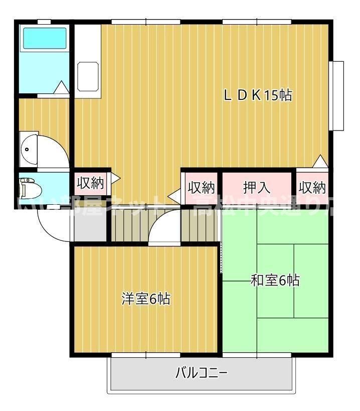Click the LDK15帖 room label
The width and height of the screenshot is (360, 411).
click(x=258, y=95)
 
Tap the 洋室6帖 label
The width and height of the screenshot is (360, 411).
click(x=146, y=299)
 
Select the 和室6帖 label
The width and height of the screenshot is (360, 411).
click(x=275, y=281)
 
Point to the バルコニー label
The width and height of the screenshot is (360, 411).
click(x=202, y=373)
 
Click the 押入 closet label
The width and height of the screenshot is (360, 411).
click(x=257, y=187)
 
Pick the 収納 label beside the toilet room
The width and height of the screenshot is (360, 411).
click(x=90, y=184)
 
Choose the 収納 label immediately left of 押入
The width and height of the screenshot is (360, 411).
click(x=201, y=187)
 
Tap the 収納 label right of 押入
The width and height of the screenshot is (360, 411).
click(x=312, y=187)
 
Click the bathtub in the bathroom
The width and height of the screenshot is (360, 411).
click(x=45, y=38)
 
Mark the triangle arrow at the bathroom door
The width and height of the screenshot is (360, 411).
click(x=61, y=88)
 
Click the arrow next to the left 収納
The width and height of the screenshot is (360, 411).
click(x=115, y=178)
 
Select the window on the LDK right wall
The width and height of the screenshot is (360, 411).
click(x=338, y=95)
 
